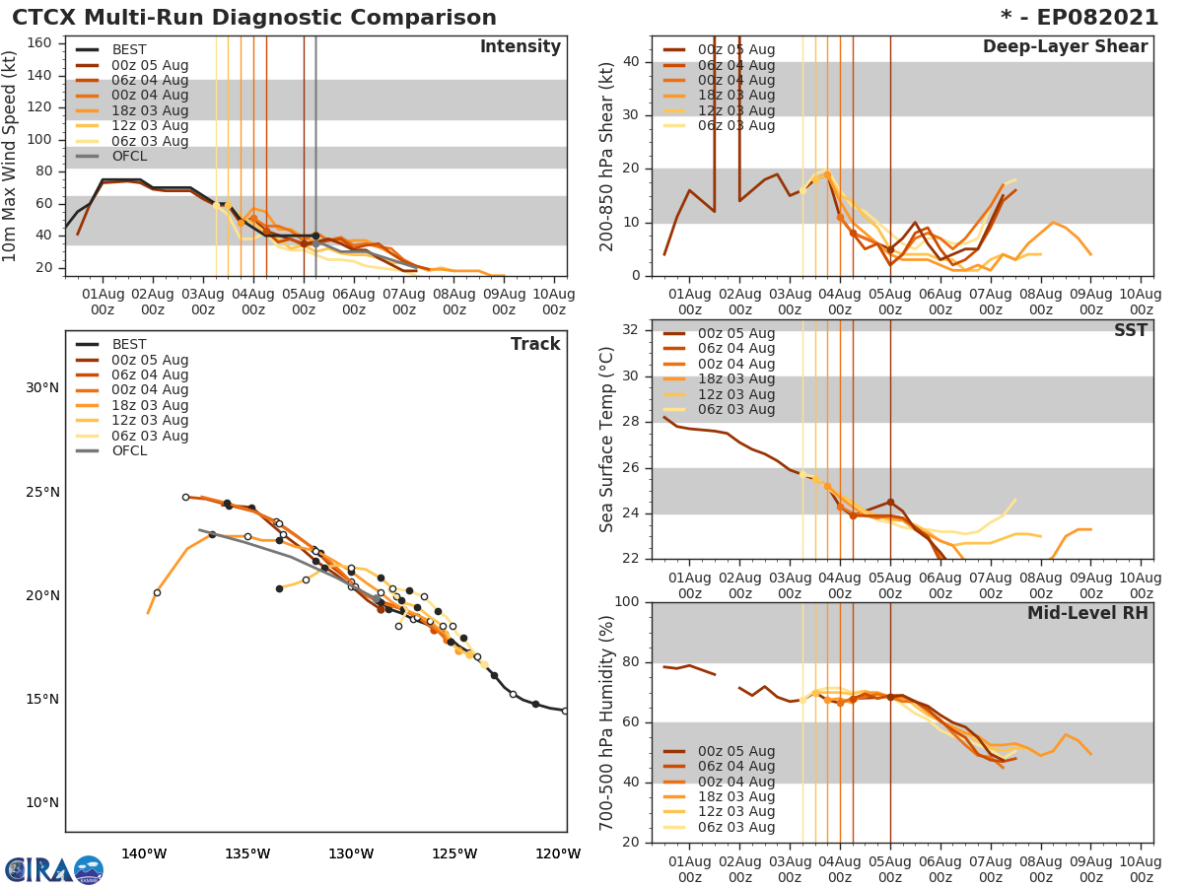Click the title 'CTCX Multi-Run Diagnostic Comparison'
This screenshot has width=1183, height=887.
click(254, 18)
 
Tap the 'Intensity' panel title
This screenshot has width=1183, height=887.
click(520, 47)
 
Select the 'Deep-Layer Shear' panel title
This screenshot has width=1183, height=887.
click(1065, 47)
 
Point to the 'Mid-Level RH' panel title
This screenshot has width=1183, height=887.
click(1087, 613)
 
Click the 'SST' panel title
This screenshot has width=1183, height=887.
click(1131, 330)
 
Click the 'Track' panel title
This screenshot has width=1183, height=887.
click(535, 344)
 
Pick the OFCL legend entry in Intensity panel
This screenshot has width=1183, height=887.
click(129, 157)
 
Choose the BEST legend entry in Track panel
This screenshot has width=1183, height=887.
click(129, 345)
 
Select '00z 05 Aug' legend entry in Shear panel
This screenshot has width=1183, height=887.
click(735, 50)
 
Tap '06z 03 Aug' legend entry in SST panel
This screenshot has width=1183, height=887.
click(735, 410)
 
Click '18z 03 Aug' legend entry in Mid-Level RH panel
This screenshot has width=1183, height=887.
click(735, 796)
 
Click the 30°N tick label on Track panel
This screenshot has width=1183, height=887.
click(41, 388)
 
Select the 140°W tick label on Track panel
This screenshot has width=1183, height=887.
click(143, 853)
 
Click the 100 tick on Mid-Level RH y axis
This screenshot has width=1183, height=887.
click(627, 602)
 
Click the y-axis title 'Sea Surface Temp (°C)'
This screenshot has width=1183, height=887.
click(607, 439)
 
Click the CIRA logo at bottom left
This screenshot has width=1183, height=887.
click(53, 870)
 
